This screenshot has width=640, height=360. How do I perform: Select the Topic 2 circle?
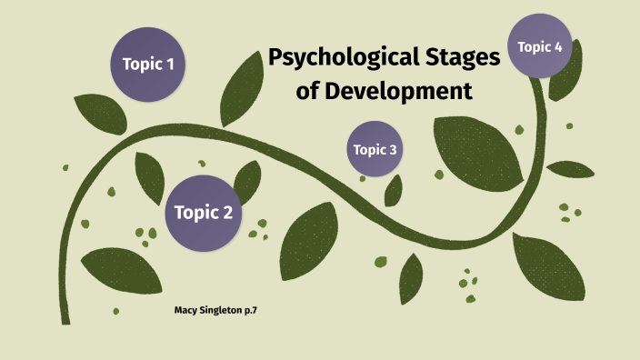203,213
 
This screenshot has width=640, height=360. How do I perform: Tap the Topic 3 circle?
375,149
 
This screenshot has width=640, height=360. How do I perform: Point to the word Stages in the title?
458,60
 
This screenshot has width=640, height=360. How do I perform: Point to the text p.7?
264,312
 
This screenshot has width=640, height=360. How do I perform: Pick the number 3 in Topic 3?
393,150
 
